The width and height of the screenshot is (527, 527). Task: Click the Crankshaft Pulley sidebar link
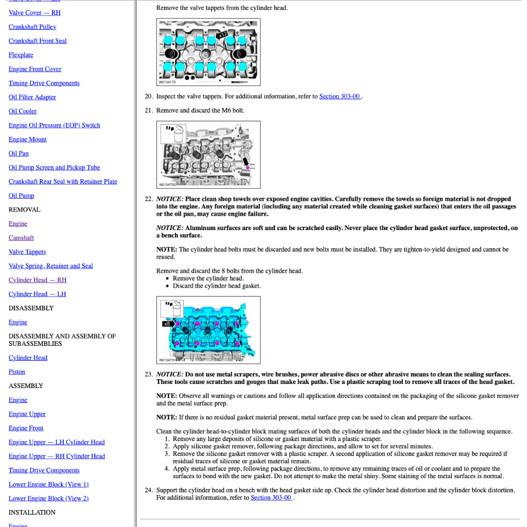[x=32, y=27]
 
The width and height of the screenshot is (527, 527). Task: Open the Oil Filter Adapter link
[x=32, y=97]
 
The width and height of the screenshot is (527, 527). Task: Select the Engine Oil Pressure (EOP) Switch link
[x=54, y=125]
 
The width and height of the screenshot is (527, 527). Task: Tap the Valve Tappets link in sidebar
[x=27, y=252]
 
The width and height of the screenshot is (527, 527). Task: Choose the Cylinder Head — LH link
[x=37, y=294]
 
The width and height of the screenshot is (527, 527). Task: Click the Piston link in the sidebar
[x=17, y=372]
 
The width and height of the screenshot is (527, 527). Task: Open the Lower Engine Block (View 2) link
[x=48, y=498]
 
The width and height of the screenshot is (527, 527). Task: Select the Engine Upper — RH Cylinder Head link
[x=57, y=456]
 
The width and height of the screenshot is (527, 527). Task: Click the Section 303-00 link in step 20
[x=340, y=96]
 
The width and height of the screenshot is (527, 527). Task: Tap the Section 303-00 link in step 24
[x=271, y=498]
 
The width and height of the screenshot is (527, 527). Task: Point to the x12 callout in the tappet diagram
[x=222, y=34]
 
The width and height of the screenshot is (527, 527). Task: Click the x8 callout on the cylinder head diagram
[x=167, y=324]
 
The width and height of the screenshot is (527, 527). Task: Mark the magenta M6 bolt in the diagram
[x=247, y=167]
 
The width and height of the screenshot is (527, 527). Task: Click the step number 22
[x=148, y=199]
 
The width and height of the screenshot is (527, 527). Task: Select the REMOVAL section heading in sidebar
[x=24, y=209]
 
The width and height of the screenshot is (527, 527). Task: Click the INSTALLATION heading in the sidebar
[x=32, y=512]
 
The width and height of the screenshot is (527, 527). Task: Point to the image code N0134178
[x=167, y=82]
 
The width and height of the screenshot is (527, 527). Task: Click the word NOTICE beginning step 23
[x=169, y=374]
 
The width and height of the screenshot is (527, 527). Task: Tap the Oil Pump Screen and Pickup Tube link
[x=54, y=167]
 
